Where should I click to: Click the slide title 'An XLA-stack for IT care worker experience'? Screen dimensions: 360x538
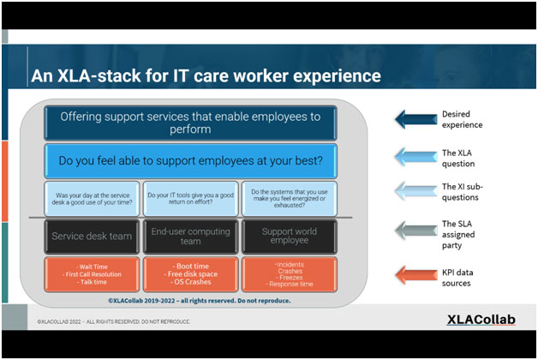tap(206, 76)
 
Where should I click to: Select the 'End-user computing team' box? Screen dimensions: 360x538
tap(191, 236)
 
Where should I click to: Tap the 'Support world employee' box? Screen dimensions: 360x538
tap(290, 236)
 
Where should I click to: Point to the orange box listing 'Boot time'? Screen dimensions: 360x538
tap(191, 273)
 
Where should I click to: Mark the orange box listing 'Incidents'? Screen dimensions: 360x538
tap(290, 273)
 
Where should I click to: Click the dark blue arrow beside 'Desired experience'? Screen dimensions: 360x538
tap(415, 118)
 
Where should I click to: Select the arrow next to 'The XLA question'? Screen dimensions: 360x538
tap(415, 156)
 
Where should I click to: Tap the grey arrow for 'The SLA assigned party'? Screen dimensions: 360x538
tap(415, 230)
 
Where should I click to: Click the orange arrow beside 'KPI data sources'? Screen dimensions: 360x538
tap(415, 274)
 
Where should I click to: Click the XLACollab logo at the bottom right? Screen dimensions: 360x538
tap(481, 320)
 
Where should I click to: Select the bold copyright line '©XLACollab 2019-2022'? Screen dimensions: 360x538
tap(198, 301)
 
